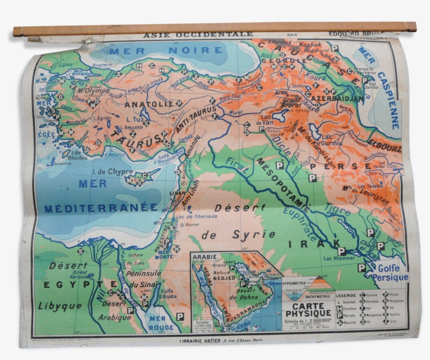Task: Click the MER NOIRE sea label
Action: (166, 51)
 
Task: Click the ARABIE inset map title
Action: (205, 257)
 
